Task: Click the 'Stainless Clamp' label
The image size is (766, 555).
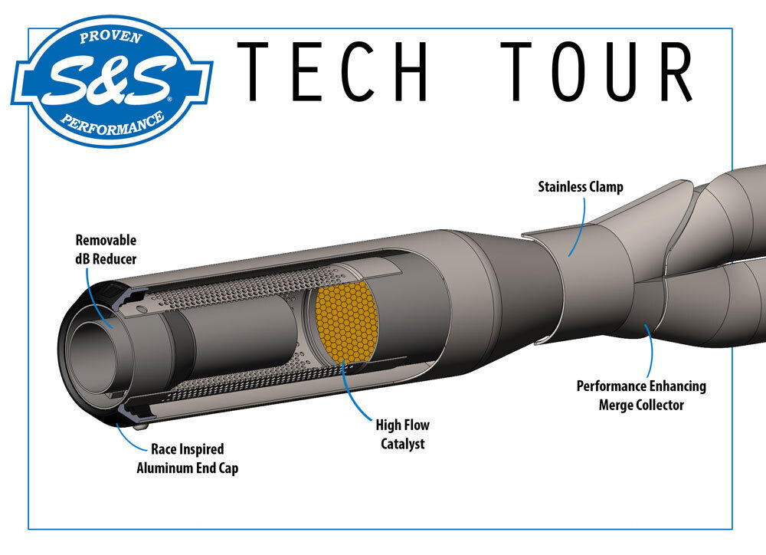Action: (x=580, y=186)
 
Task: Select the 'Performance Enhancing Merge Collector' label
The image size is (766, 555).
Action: (x=641, y=395)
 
